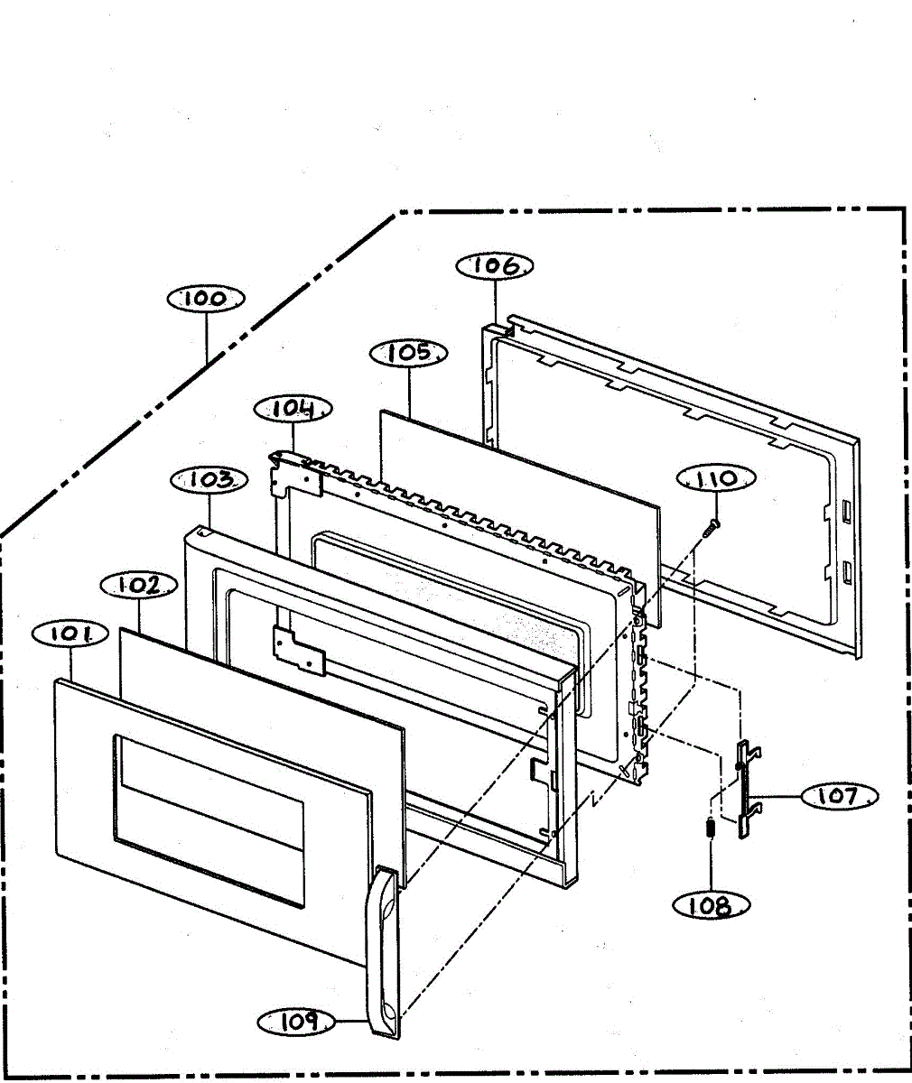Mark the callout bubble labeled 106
tap(495, 265)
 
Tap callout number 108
tap(711, 905)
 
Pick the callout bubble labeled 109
tap(296, 1022)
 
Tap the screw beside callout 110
tap(711, 527)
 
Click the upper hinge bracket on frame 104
tap(297, 471)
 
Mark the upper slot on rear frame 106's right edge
tap(845, 512)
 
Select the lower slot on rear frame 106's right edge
tap(845, 571)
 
